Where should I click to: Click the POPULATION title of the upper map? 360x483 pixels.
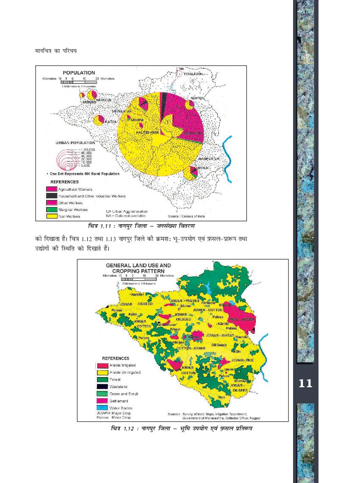tap(79, 72)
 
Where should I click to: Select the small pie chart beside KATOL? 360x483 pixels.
tap(99, 120)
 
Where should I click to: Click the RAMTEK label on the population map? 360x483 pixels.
tap(197, 98)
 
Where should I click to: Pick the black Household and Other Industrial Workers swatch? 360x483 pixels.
tap(51, 196)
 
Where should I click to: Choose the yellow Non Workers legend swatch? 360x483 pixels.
tap(51, 216)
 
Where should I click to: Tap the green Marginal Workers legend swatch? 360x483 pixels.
tap(51, 209)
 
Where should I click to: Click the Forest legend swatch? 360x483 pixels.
tap(102, 379)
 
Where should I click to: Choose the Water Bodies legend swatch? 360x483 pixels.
tap(102, 408)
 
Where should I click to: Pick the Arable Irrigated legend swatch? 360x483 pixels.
tap(102, 365)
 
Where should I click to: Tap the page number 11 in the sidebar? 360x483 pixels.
tap(305, 384)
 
